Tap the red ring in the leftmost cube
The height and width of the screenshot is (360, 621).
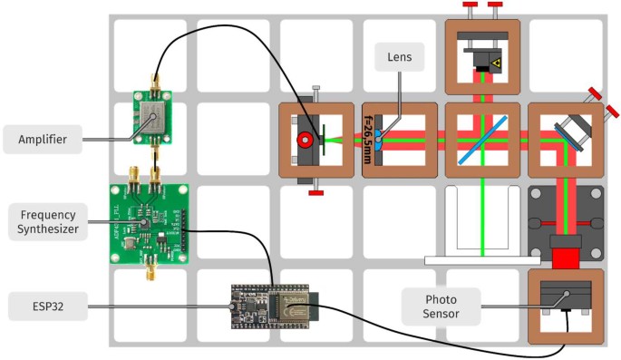point(305,140)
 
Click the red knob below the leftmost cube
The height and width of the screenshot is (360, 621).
point(315,191)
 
